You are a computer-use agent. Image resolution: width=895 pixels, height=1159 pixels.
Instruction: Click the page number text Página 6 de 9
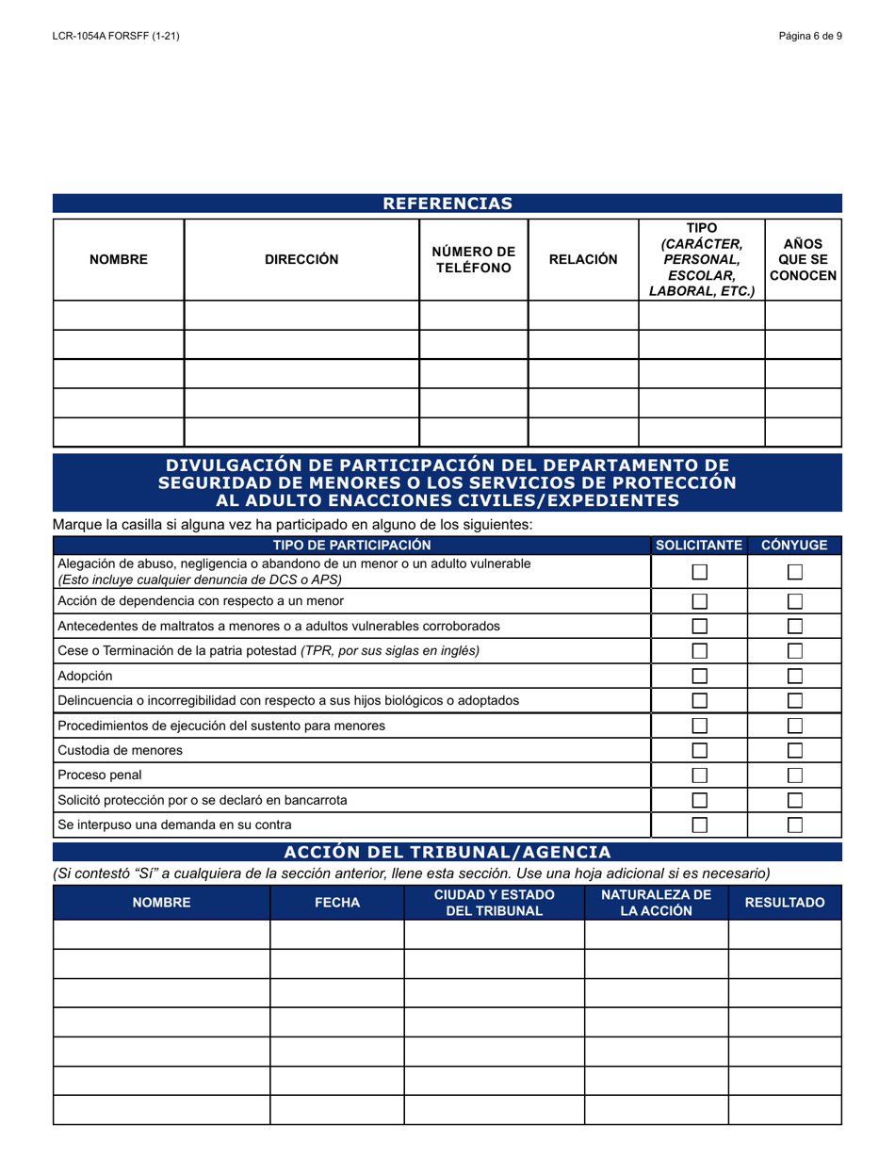click(810, 36)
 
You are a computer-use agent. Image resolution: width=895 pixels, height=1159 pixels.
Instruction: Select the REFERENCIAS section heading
click(447, 204)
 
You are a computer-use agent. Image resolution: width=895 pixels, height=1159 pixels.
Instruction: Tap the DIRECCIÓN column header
click(301, 259)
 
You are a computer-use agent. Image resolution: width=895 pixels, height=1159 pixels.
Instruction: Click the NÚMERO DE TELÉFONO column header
click(473, 259)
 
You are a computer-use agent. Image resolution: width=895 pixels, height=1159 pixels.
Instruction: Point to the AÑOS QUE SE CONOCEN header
click(803, 259)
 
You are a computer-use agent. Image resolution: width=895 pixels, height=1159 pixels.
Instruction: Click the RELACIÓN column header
click(583, 259)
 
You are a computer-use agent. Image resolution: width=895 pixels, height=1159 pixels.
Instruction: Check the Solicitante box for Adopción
click(700, 676)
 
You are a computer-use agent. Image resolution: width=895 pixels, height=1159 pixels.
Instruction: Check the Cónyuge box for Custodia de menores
click(795, 750)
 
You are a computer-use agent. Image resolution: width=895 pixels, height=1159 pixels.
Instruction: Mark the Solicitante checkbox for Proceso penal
click(700, 775)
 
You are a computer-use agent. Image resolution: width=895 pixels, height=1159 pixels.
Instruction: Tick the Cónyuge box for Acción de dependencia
click(795, 601)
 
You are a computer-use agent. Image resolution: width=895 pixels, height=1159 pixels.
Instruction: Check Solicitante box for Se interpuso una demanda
click(700, 824)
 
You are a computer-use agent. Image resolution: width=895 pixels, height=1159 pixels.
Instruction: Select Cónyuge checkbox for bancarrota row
click(795, 800)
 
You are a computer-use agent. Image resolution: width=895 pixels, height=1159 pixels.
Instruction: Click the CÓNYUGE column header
click(794, 546)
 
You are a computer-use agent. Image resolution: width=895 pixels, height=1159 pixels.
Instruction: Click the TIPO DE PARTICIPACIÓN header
click(351, 546)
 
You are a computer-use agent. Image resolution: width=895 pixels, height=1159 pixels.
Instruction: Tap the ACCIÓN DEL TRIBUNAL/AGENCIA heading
click(447, 852)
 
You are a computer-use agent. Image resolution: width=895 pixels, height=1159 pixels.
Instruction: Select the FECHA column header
click(337, 903)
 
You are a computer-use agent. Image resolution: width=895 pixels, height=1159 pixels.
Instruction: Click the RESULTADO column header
click(785, 903)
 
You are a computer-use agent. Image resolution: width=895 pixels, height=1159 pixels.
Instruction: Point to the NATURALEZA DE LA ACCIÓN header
click(657, 903)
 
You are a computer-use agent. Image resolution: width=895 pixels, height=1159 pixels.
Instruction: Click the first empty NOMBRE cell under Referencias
click(119, 316)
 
